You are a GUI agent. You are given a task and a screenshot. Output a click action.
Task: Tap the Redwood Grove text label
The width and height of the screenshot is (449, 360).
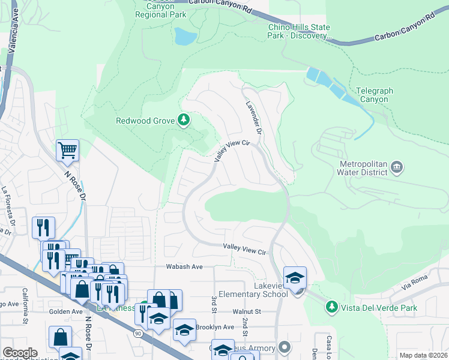145,121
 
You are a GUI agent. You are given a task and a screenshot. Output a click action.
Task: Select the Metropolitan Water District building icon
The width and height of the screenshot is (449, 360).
396,166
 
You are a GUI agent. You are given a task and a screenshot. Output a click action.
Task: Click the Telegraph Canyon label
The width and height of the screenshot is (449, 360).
374,95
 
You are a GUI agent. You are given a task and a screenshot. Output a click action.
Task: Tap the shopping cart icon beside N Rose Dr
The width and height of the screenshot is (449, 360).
67,150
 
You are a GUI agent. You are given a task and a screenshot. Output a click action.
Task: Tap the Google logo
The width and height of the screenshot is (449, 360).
20,353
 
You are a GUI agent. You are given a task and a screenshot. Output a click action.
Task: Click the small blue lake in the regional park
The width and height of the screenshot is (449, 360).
185,37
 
